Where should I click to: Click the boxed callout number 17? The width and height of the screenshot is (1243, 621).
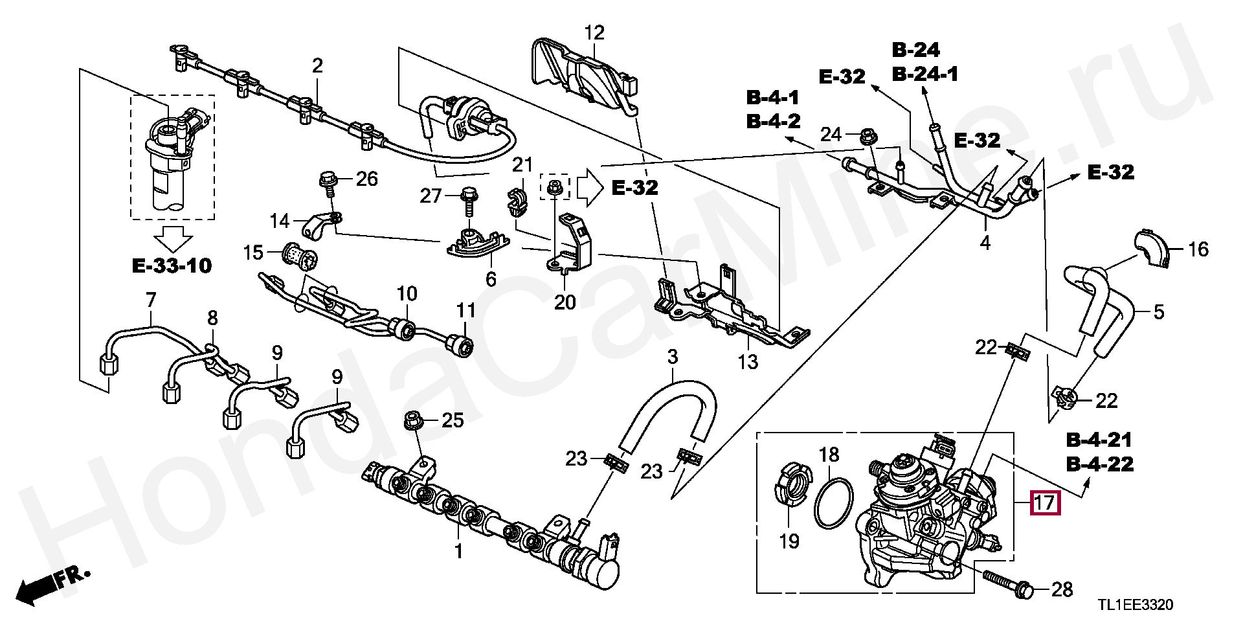point(1045,503)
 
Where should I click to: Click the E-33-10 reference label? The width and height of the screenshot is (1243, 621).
point(172,265)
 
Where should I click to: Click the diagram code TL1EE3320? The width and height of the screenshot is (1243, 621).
point(1135,605)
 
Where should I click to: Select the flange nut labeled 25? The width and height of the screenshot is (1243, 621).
point(412,420)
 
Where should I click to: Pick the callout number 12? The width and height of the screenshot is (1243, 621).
point(594,32)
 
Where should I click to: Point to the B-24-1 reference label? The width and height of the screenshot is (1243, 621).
point(925,74)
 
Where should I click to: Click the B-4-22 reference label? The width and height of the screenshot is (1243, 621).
point(1101,464)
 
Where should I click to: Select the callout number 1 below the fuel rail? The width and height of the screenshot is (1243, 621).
point(458,552)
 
